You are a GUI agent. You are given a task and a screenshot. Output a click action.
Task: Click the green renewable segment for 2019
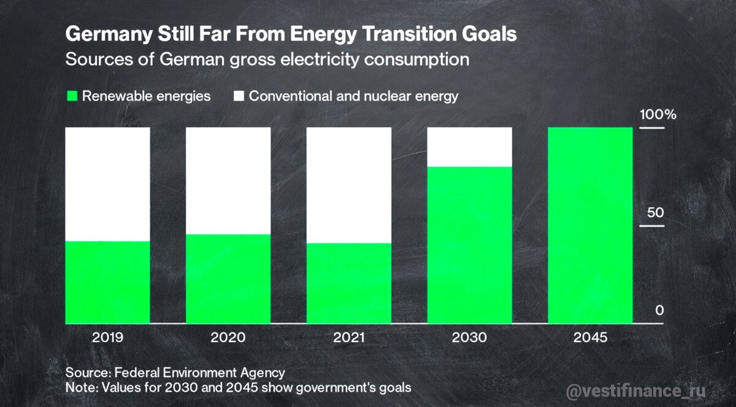pyautogui.click(x=108, y=282)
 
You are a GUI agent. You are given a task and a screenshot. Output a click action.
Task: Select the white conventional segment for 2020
pyautogui.click(x=228, y=181)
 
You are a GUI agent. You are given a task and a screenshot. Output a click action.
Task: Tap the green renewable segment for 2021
pyautogui.click(x=348, y=283)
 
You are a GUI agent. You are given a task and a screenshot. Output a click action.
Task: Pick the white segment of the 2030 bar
pyautogui.click(x=469, y=146)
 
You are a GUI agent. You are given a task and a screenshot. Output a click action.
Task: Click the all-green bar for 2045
pyautogui.click(x=590, y=225)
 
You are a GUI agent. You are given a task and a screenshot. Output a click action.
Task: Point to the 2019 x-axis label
pyautogui.click(x=108, y=337)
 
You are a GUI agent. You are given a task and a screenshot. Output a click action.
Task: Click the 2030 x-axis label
pyautogui.click(x=469, y=337)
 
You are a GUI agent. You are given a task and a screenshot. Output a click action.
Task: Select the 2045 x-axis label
pyautogui.click(x=590, y=337)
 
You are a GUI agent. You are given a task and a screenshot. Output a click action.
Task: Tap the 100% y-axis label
pyautogui.click(x=657, y=115)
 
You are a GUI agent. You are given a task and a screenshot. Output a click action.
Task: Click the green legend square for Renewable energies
pyautogui.click(x=72, y=96)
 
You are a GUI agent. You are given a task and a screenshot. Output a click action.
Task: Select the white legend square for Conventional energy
pyautogui.click(x=239, y=96)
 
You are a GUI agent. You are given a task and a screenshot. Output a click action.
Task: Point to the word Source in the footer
pyautogui.click(x=86, y=372)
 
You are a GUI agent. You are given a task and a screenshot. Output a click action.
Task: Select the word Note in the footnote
pyautogui.click(x=79, y=388)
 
